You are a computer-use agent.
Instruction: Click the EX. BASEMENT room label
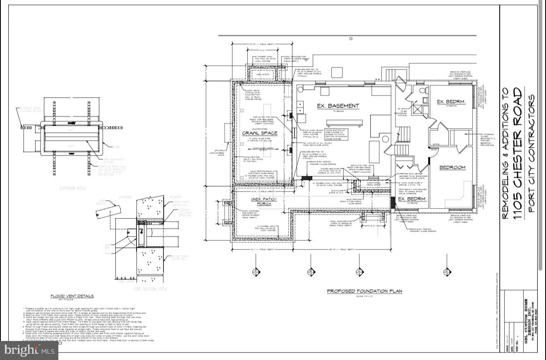click(338, 106)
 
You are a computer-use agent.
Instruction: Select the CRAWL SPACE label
click(259, 133)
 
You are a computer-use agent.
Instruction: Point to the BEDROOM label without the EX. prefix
click(452, 168)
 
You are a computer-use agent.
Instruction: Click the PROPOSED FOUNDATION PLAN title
click(364, 291)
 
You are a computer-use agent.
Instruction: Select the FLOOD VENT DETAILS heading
click(72, 296)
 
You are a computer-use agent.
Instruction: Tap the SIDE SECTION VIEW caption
click(150, 288)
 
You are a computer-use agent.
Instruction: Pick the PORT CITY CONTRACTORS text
click(532, 153)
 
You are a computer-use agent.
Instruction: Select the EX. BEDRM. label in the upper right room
click(452, 102)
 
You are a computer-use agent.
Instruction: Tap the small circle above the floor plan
click(351, 38)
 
